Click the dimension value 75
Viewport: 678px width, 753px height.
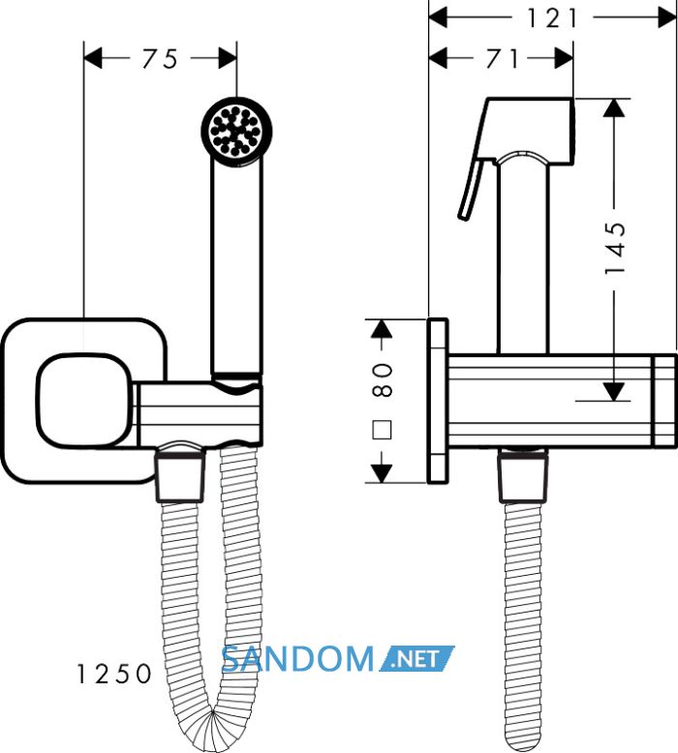coord(160,59)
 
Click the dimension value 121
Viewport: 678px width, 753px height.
coord(552,18)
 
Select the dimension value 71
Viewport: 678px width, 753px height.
coord(502,59)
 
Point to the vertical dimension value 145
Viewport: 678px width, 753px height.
coord(615,249)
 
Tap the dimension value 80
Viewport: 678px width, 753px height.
coord(382,379)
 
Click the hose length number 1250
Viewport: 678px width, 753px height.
coord(114,674)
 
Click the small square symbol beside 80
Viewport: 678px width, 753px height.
coord(382,430)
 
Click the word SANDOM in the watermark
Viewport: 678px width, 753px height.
coord(297,659)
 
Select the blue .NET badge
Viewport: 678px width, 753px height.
coord(417,658)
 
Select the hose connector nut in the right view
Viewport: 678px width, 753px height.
coord(523,478)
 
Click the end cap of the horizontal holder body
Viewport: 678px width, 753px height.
coord(664,400)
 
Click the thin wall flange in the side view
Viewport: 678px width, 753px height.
coord(437,401)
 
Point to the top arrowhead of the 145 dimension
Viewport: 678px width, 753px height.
coord(614,107)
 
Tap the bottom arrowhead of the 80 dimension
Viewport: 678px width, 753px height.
coord(382,473)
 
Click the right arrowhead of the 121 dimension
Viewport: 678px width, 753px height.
coord(667,18)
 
